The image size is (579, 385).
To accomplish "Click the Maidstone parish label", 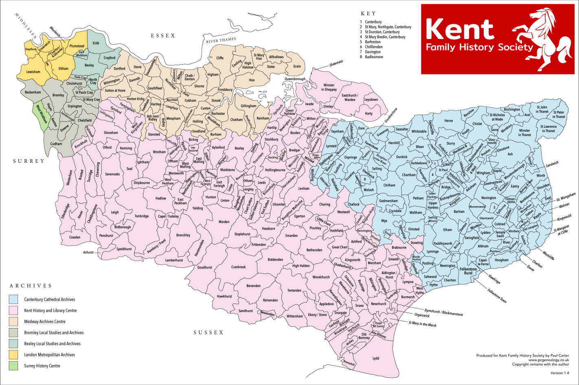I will [228, 170].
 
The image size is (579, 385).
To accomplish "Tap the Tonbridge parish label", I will [142, 216].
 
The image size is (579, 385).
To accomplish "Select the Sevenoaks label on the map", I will [112, 174].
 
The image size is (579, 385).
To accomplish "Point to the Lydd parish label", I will [375, 358].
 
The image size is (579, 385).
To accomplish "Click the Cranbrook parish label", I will [239, 267].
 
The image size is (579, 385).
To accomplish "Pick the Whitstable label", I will [419, 131].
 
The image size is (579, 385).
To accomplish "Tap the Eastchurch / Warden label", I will [350, 97].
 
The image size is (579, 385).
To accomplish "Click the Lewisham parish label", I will [33, 72].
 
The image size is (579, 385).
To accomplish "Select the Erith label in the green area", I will [96, 43].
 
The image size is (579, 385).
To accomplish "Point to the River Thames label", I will [221, 40].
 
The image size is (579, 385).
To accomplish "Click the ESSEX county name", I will [163, 36].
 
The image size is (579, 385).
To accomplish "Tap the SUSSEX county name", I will [208, 332].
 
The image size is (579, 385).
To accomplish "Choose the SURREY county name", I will [29, 161].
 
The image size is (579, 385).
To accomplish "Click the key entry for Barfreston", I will [373, 42].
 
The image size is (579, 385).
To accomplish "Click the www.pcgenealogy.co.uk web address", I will [548, 360].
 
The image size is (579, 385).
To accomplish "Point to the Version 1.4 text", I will [559, 373].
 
